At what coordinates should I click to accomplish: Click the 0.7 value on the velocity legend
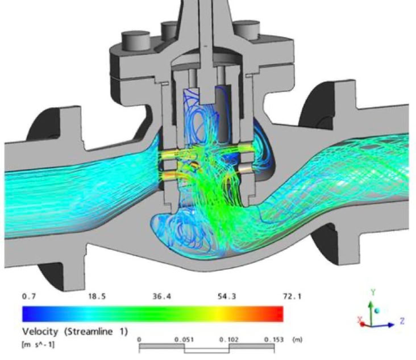coord(28,296)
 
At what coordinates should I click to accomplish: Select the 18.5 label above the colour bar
coord(97,296)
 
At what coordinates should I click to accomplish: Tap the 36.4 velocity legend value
coord(162,296)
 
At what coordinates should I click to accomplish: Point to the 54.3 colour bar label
coord(227,296)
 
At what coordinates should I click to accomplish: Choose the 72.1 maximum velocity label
coord(292,296)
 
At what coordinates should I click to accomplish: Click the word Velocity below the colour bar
coord(40,332)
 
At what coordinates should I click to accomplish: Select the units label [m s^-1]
coord(38,345)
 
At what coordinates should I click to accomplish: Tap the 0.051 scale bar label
coord(184,340)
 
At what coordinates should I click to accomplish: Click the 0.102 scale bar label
coord(229,340)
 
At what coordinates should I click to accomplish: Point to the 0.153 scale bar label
coord(274,340)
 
